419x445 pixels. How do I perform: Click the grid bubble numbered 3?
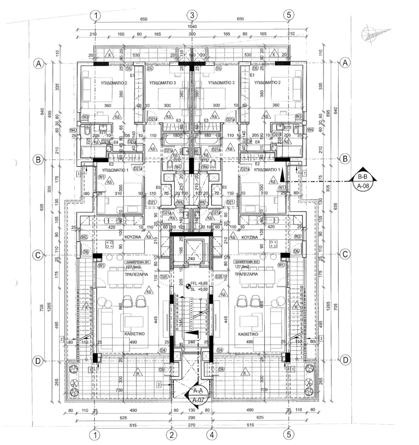pos(192,15)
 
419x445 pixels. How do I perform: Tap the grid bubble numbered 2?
pos(172,435)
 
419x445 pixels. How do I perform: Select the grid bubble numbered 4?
pos(212,435)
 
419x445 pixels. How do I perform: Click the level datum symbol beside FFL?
pos(188,286)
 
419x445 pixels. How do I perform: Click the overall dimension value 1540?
pos(192,27)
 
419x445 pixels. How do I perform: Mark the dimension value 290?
pos(192,417)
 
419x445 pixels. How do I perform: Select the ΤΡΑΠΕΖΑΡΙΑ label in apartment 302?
pos(249,275)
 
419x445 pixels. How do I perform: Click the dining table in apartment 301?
pos(124,278)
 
